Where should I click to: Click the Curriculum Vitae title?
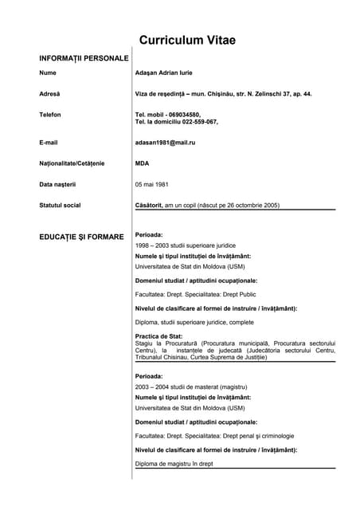pyautogui.click(x=187, y=41)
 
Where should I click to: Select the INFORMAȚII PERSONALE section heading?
pyautogui.click(x=83, y=58)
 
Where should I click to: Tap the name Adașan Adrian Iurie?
pyautogui.click(x=170, y=73)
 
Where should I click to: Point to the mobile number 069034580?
pyautogui.click(x=182, y=115)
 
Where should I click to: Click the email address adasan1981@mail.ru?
pyautogui.click(x=165, y=142)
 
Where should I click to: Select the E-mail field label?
pyautogui.click(x=49, y=142)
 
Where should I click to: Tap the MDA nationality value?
pyautogui.click(x=143, y=163)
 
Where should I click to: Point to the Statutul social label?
pyautogui.click(x=60, y=205)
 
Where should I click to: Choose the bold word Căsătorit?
pyautogui.click(x=149, y=205)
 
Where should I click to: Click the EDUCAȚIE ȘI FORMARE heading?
pyautogui.click(x=81, y=237)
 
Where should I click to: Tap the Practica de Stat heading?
pyautogui.click(x=159, y=336)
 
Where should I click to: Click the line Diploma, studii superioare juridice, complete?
pyautogui.click(x=194, y=322)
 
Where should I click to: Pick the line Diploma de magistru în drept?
pyautogui.click(x=174, y=463)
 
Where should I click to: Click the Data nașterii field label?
pyautogui.click(x=57, y=184)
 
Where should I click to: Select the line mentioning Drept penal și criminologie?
pyautogui.click(x=214, y=436)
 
